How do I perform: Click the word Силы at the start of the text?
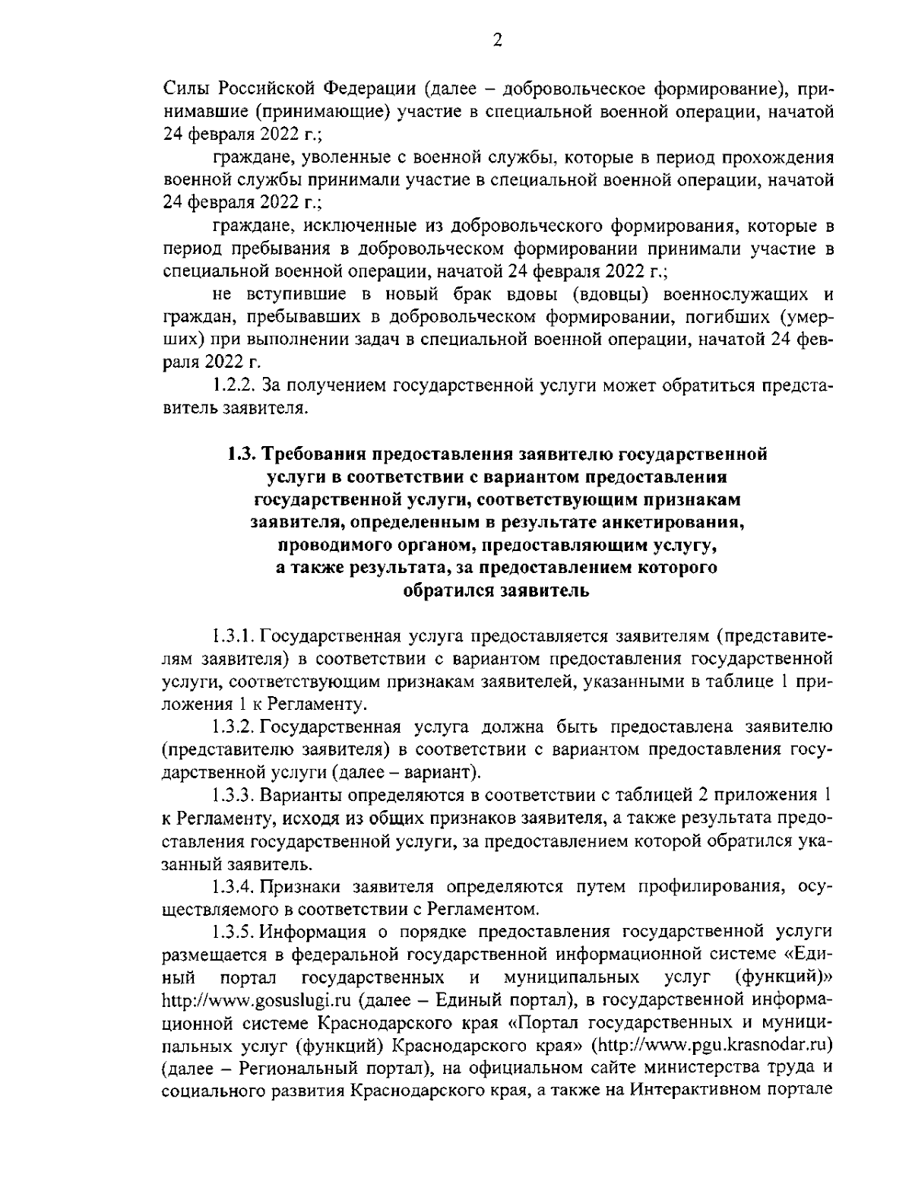182,90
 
